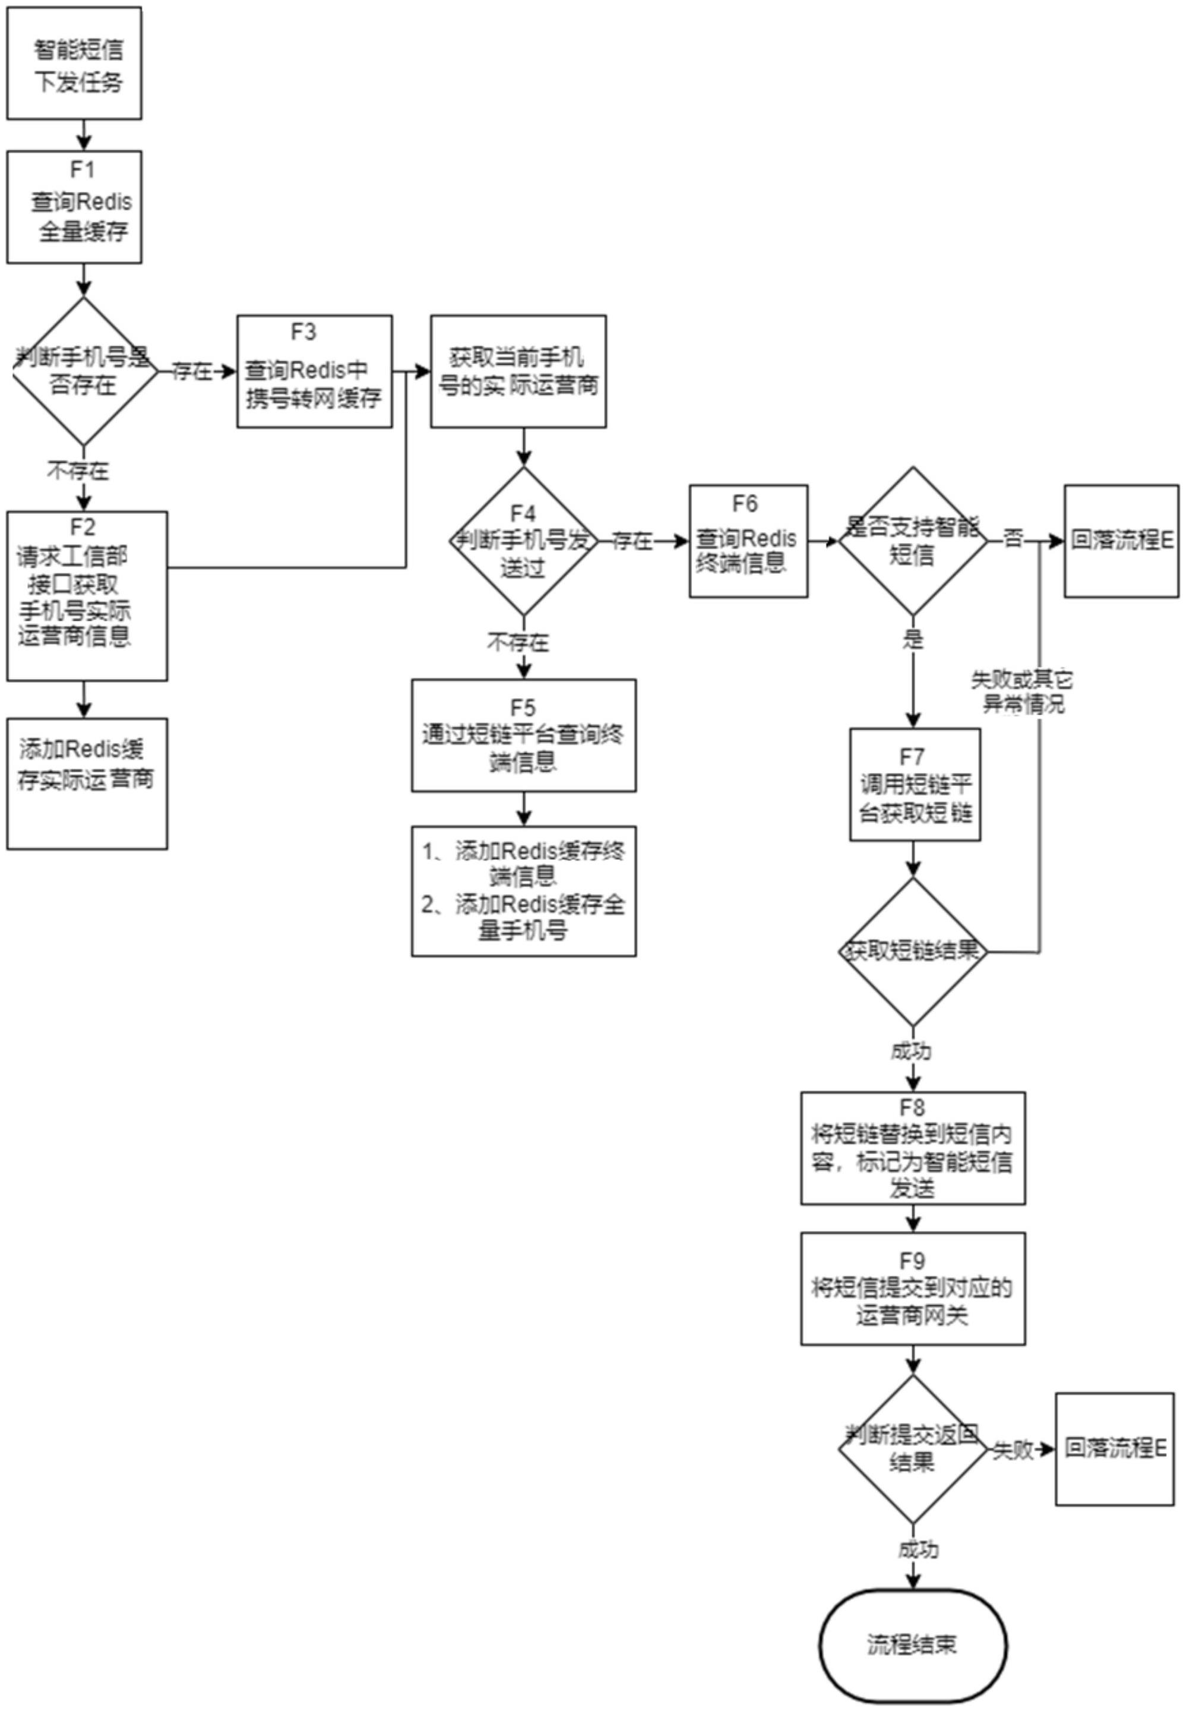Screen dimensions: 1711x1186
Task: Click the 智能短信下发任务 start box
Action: [x=74, y=63]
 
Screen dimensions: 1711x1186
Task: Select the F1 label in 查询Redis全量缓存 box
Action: [x=83, y=170]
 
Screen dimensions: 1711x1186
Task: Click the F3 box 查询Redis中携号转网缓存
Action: [x=314, y=372]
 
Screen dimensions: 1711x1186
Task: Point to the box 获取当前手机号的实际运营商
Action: [x=518, y=372]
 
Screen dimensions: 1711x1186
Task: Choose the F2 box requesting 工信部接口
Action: [x=87, y=595]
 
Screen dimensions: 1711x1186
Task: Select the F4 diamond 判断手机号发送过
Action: [x=523, y=541]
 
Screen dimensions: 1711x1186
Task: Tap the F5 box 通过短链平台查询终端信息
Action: [x=523, y=734]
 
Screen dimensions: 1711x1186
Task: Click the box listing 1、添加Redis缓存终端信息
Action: [x=523, y=891]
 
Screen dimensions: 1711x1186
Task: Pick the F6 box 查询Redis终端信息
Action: [x=748, y=541]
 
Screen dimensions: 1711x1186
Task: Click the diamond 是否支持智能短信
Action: [x=913, y=541]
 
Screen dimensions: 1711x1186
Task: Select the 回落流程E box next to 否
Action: [x=1121, y=541]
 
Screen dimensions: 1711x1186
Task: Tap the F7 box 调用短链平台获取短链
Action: [x=914, y=784]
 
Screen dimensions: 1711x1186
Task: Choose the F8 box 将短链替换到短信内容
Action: [x=913, y=1148]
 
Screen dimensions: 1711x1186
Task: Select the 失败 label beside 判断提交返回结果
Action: [x=1014, y=1450]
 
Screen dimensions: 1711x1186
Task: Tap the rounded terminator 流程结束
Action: [x=913, y=1645]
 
